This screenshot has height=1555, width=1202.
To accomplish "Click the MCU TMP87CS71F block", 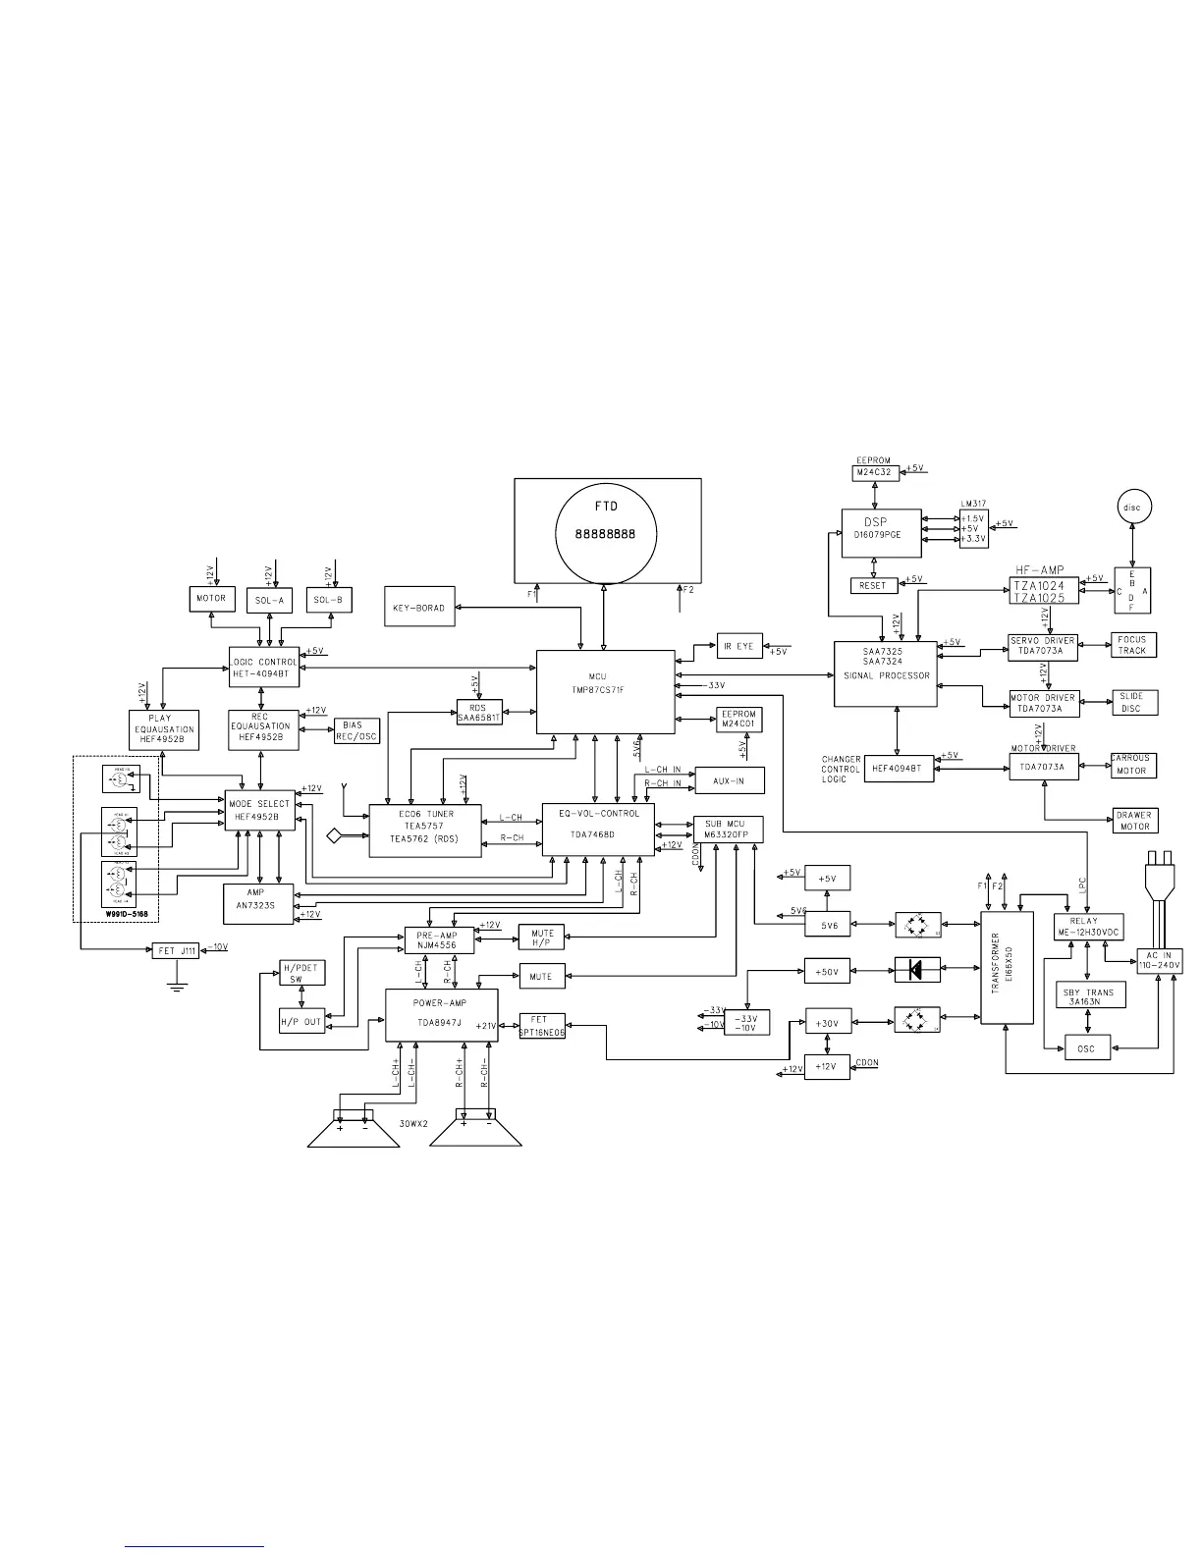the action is click(605, 690).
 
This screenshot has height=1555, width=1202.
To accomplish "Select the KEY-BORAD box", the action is click(418, 608).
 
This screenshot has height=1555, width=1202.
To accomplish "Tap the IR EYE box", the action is click(739, 646).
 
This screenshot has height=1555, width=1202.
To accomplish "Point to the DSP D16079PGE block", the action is click(881, 533).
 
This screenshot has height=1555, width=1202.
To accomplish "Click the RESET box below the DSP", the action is click(872, 585).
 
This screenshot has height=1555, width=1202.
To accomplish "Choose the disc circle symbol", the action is click(1132, 507).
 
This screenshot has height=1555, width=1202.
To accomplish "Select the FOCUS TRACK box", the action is click(1131, 645).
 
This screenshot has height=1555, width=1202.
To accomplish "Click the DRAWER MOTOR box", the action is click(1133, 821).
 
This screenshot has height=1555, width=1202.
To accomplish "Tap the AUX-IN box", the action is click(729, 780).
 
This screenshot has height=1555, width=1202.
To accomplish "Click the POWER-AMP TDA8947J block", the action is click(441, 1015).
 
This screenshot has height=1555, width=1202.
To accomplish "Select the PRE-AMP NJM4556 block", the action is click(439, 939).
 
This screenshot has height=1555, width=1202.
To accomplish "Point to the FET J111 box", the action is click(177, 950).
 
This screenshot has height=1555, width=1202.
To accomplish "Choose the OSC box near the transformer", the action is click(1085, 1048).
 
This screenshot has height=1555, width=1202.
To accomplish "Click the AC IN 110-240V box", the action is click(1159, 960).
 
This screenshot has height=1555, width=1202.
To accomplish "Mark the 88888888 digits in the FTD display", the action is click(606, 536).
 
